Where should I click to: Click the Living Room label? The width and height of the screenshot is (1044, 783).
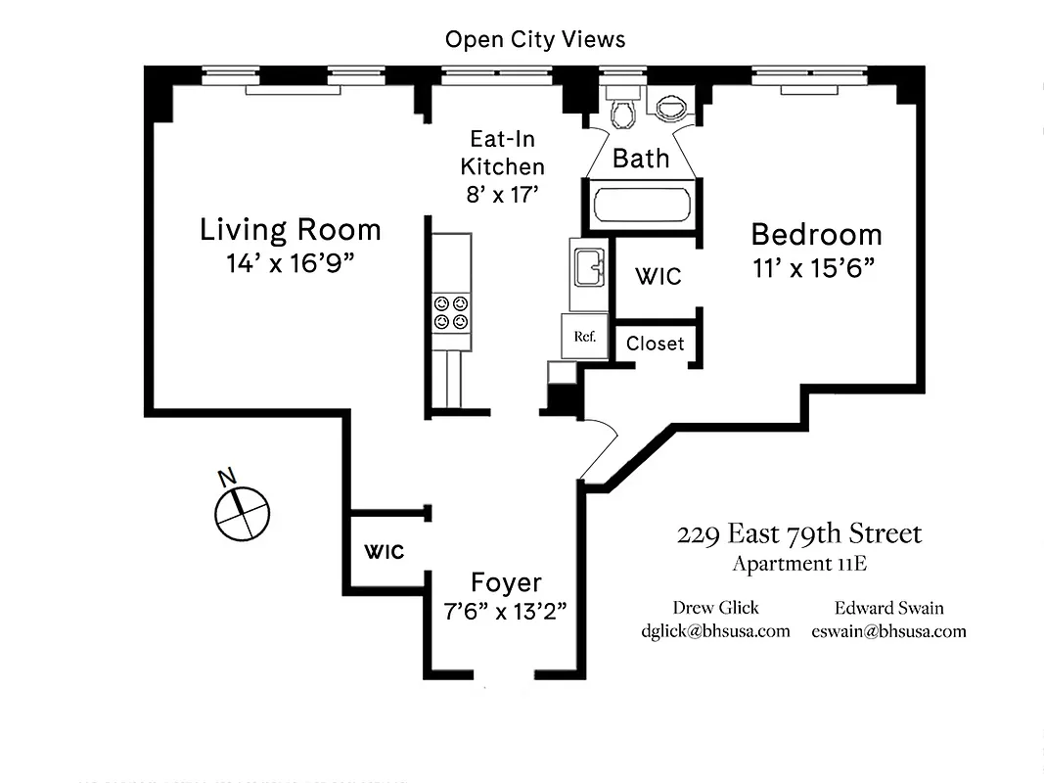click(290, 230)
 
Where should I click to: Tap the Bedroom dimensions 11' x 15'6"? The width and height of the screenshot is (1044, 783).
click(813, 269)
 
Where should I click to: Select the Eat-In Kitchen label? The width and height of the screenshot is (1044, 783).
click(502, 153)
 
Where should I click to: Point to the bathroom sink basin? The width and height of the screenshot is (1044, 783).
click(671, 105)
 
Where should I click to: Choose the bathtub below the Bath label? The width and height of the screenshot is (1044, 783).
click(641, 207)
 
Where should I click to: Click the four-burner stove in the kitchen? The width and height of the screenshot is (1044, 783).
click(450, 312)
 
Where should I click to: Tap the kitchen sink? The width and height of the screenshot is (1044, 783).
click(588, 265)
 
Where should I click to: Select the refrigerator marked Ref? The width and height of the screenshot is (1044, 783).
click(585, 337)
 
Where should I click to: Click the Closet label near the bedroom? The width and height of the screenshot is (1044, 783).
click(656, 344)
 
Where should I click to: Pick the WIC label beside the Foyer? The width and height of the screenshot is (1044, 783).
click(385, 552)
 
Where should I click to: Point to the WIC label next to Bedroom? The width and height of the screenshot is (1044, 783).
click(658, 277)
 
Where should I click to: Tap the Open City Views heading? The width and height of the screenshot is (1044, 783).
click(534, 39)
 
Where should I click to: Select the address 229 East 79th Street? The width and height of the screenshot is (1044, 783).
click(798, 534)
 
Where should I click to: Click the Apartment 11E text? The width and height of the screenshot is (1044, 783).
click(799, 564)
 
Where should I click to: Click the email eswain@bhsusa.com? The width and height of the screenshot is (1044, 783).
click(888, 631)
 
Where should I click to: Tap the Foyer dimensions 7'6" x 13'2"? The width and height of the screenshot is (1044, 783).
click(505, 611)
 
